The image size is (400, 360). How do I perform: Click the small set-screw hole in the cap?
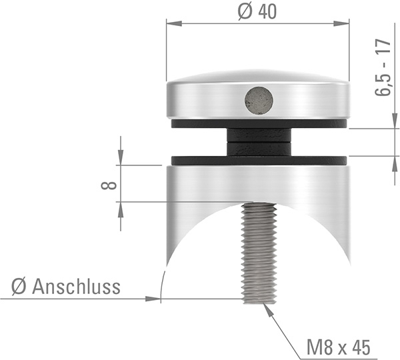(259, 100)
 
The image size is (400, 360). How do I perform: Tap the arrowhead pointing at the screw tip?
(267, 309)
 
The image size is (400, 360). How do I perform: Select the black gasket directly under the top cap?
(200, 124)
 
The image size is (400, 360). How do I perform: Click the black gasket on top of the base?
(200, 161)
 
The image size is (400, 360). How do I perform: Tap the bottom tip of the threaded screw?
(259, 299)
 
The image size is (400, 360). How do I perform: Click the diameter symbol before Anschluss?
(19, 287)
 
